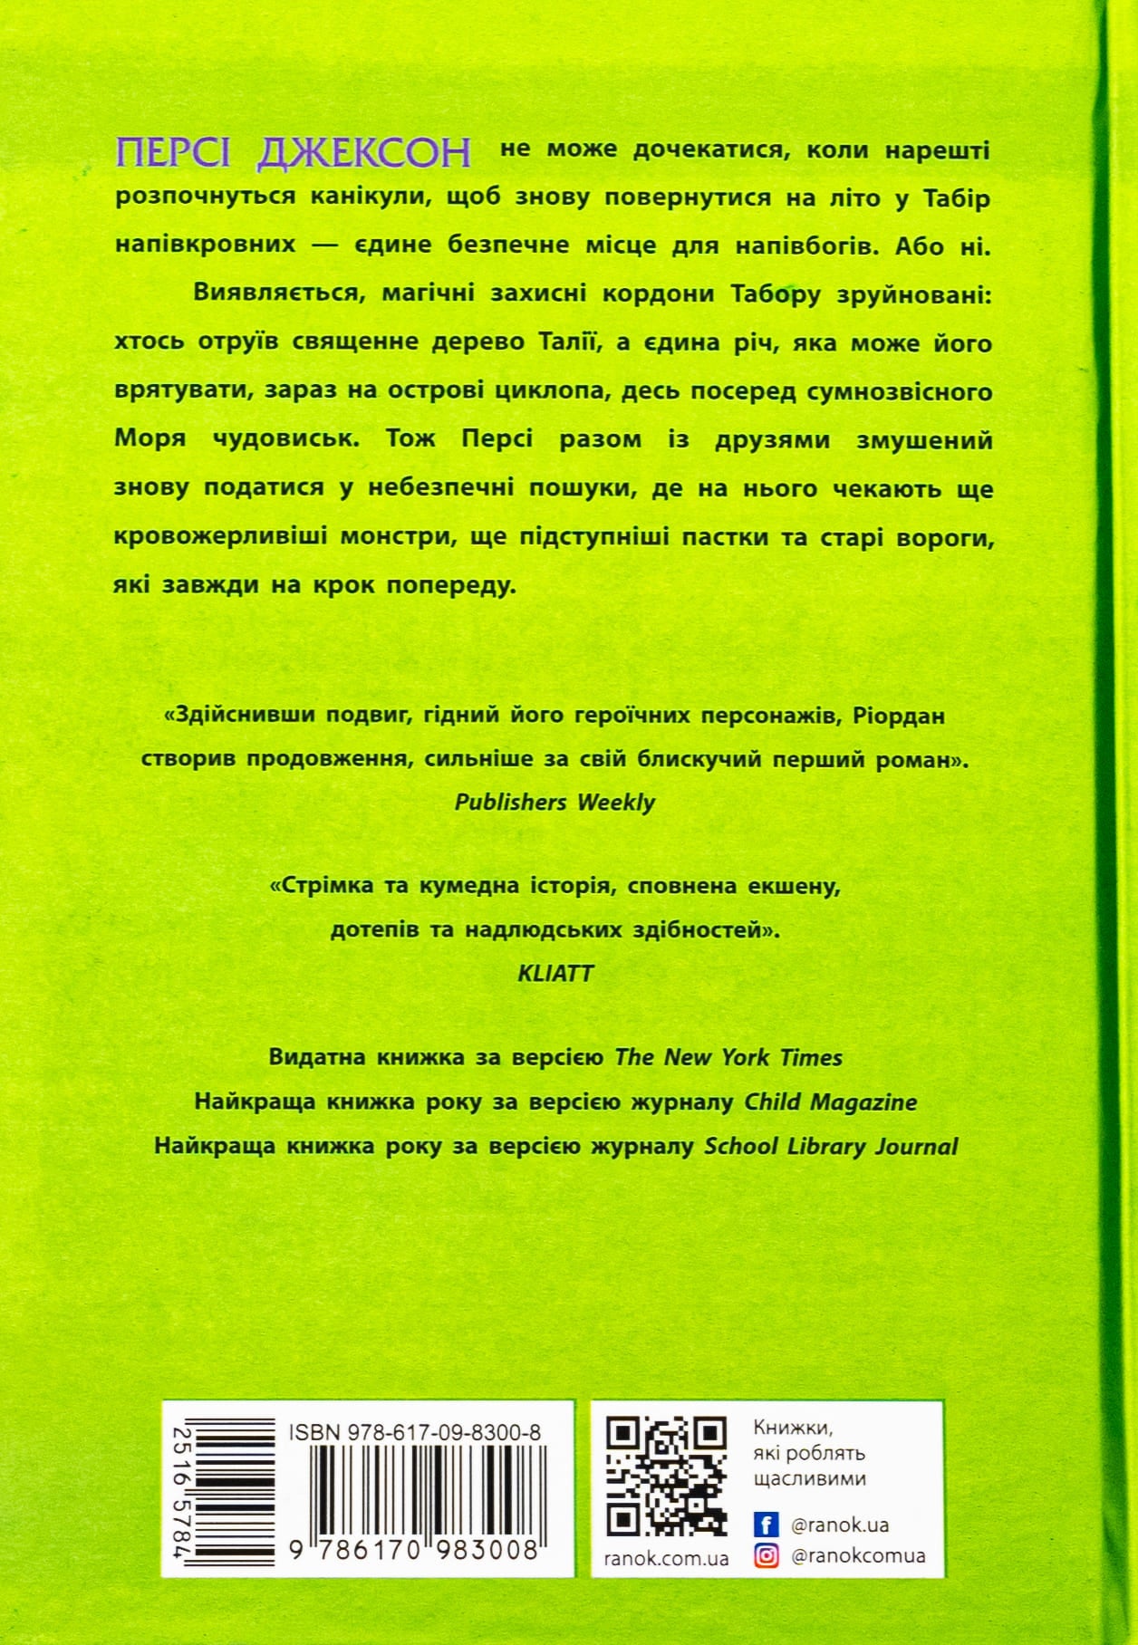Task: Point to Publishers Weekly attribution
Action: (x=555, y=803)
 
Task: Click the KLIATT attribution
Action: (x=555, y=973)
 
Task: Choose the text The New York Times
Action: (x=728, y=1057)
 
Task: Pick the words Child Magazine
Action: (x=831, y=1101)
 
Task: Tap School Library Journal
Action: (x=831, y=1146)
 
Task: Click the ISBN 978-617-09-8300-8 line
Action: (x=415, y=1432)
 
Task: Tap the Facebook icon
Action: (x=767, y=1525)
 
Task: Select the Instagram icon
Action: (x=767, y=1556)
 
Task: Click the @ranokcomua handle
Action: (x=858, y=1556)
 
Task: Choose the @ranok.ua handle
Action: (x=840, y=1525)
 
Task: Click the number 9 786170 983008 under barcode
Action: (x=415, y=1550)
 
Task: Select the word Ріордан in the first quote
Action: (x=900, y=716)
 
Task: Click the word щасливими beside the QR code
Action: (x=809, y=1478)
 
